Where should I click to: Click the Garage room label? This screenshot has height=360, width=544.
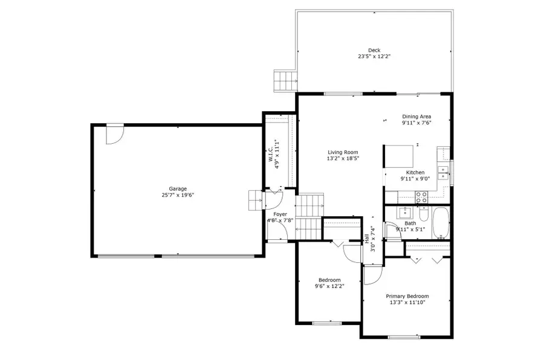click(178, 188)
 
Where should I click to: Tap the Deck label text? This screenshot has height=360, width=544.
click(374, 50)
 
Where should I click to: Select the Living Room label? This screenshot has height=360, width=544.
click(343, 152)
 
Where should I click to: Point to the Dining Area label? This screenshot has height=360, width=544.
click(417, 117)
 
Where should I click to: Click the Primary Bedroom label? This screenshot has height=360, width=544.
click(407, 296)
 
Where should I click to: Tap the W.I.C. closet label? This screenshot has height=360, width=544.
click(271, 150)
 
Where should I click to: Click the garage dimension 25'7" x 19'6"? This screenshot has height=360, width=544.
click(178, 195)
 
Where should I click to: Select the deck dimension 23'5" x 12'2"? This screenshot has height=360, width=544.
click(374, 57)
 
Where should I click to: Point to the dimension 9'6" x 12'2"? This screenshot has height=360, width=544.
click(329, 286)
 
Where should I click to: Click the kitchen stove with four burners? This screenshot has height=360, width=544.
click(421, 197)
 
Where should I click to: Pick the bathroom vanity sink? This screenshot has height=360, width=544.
click(403, 213)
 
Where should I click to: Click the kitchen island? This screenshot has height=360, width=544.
click(400, 156)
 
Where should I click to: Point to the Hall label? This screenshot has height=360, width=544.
click(367, 240)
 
